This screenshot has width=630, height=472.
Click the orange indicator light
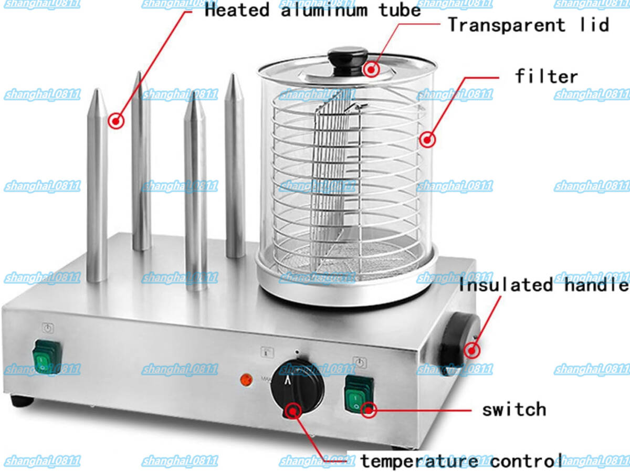246,380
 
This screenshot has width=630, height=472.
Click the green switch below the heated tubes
47,356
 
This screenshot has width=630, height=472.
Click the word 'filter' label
547,77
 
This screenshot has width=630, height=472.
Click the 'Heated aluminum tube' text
313,10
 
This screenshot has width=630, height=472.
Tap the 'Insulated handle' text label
543,285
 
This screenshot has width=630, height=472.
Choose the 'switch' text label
514,410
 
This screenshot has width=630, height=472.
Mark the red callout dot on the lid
371,69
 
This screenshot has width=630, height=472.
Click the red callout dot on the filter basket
427,140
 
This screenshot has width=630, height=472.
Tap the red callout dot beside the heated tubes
116,121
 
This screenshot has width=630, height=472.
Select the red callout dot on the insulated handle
471,350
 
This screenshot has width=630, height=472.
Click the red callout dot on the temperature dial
293,412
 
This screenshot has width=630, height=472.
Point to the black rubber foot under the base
22,401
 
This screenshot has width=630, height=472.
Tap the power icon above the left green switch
48,328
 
